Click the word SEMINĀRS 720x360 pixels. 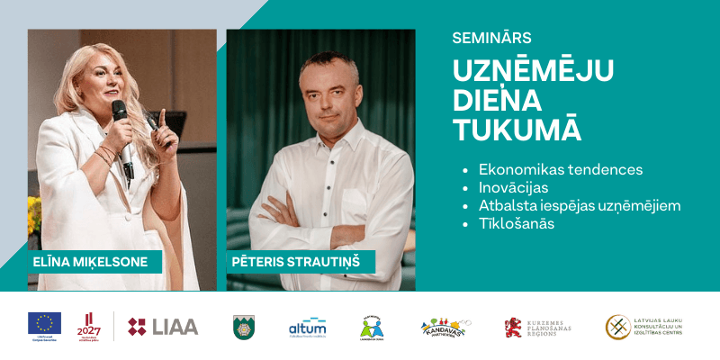(491, 38)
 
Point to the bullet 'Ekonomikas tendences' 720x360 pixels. (560, 169)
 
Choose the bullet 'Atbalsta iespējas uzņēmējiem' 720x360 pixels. (580, 205)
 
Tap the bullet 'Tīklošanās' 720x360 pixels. (517, 223)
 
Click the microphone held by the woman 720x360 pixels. (120, 113)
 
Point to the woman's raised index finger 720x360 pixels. (163, 117)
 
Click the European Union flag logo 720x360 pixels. (44, 324)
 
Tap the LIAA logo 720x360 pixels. (163, 326)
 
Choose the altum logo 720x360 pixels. (306, 326)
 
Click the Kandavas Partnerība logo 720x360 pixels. (444, 327)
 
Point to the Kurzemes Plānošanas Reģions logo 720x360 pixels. (537, 327)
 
